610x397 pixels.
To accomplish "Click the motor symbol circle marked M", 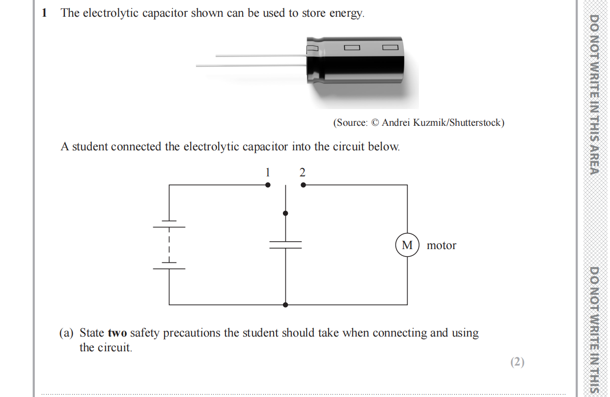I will [407, 245].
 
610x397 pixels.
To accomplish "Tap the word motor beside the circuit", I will [442, 246].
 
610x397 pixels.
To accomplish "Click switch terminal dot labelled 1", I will [268, 185].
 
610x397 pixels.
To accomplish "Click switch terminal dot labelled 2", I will [303, 185].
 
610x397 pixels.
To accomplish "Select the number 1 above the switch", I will [268, 172].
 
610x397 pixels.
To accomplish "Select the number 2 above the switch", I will [302, 172].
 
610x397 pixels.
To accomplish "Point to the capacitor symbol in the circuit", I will [285, 245].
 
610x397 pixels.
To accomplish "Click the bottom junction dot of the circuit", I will [285, 305].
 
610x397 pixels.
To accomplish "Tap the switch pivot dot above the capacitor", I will [285, 213].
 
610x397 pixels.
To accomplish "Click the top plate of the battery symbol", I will [169, 227].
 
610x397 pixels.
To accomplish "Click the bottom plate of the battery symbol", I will [169, 269].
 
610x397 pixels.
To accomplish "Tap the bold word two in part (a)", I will [117, 333].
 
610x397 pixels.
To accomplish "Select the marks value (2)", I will [517, 362].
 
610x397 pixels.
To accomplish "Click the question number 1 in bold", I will [45, 13].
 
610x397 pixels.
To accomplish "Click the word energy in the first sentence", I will [346, 13].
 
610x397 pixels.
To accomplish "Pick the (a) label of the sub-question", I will [66, 333].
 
